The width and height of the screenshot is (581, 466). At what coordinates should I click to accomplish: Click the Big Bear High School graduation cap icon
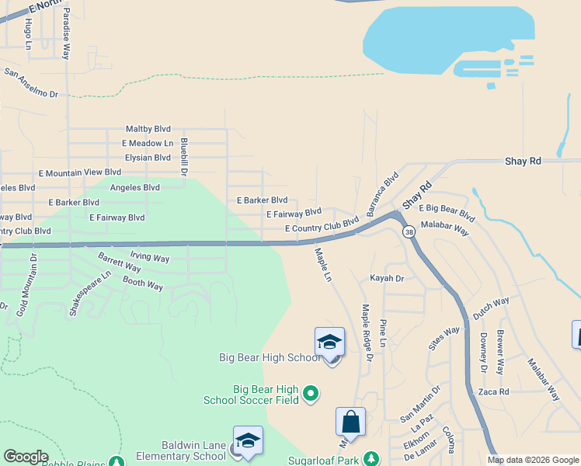tap(329, 343)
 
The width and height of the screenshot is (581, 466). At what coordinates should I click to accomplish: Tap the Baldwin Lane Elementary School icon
tap(248, 441)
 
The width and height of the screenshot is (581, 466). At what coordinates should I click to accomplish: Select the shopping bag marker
tap(350, 423)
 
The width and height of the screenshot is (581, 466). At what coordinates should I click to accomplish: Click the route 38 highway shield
tap(409, 231)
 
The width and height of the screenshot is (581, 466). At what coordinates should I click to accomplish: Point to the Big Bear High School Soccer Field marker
tap(311, 395)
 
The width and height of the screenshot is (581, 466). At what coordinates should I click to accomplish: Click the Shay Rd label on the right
tap(522, 161)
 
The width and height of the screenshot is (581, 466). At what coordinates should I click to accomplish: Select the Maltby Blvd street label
tap(148, 129)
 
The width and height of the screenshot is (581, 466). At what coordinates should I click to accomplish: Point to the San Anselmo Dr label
tap(31, 83)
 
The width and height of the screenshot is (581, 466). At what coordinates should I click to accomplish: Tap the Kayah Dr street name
tap(387, 278)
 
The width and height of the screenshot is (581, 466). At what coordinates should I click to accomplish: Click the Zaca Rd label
tap(493, 392)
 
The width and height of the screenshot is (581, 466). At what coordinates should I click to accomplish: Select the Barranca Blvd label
tap(382, 194)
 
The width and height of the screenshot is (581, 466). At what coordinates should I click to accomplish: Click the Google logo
tap(25, 457)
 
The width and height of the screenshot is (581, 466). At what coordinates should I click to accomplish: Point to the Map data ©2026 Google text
tap(532, 460)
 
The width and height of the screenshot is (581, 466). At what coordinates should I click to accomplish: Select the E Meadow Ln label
tap(148, 143)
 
